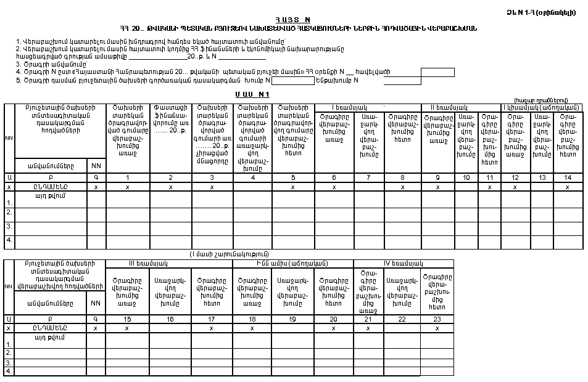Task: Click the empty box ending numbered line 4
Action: (x=437, y=72)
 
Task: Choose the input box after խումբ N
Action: (x=293, y=80)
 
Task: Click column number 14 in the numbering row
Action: (x=567, y=177)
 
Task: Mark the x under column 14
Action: (x=567, y=186)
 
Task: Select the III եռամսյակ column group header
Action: (x=168, y=263)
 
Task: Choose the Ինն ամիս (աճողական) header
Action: (x=292, y=263)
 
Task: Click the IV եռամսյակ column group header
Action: (x=404, y=263)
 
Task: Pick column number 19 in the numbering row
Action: (x=292, y=319)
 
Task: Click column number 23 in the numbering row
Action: (x=437, y=319)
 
